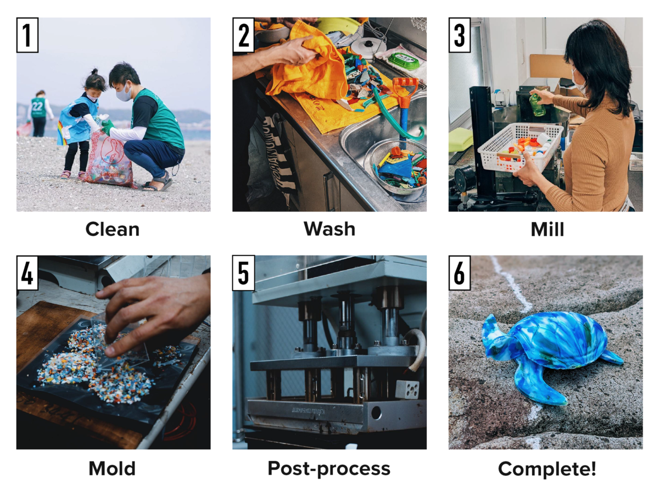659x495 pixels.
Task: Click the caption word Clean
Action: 113,230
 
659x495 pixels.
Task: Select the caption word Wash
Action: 329,229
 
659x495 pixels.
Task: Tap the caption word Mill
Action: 548,230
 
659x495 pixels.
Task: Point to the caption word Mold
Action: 112,468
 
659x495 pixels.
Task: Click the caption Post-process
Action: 329,469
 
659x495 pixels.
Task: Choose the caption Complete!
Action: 547,469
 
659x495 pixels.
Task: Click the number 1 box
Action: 27,35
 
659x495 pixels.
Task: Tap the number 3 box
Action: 459,35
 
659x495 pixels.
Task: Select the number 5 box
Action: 243,273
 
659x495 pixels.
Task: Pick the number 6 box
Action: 459,273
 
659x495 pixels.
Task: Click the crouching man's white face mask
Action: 124,93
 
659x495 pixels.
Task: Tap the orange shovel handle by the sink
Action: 404,90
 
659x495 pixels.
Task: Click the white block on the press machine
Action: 407,390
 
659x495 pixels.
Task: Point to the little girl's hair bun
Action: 94,71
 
